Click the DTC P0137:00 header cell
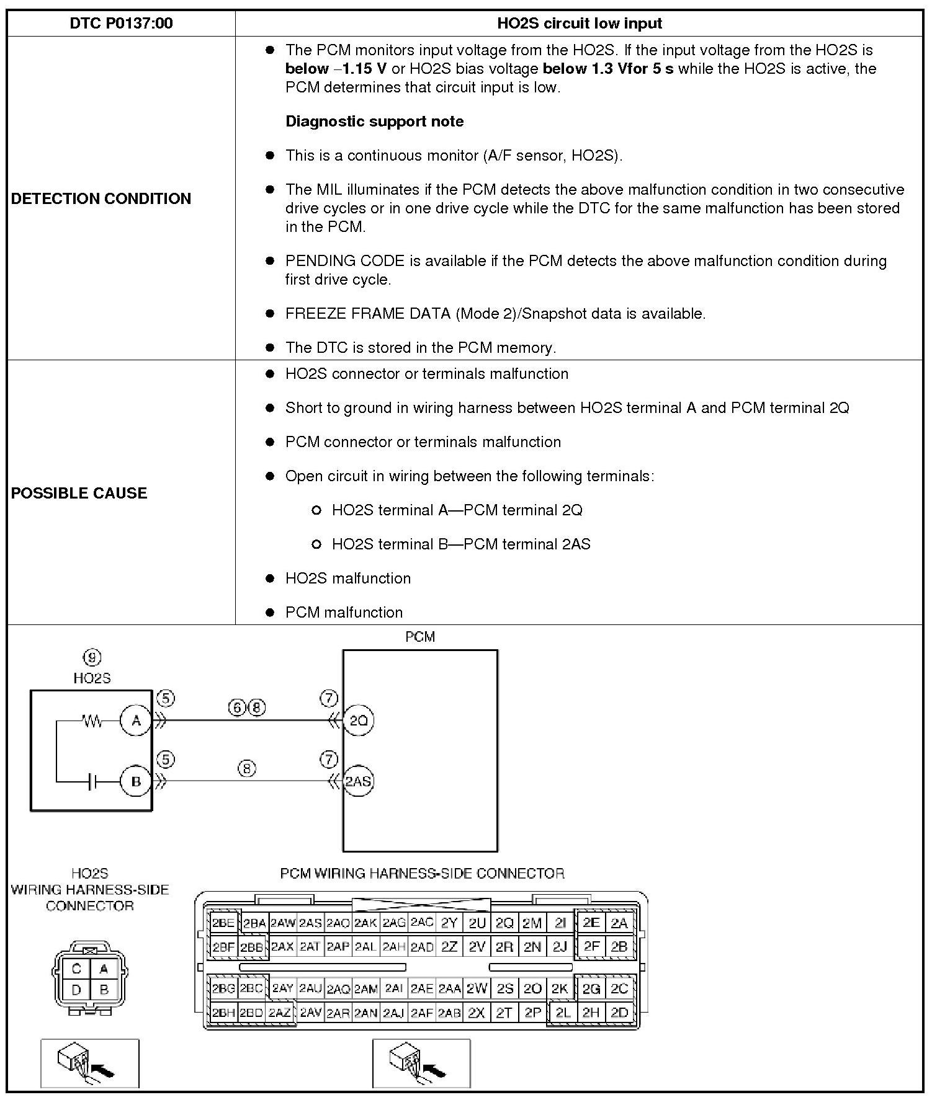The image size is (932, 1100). (121, 24)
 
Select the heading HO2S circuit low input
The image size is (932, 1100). (579, 24)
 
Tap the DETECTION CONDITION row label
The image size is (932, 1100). (101, 198)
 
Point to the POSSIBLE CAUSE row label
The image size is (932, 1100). (79, 493)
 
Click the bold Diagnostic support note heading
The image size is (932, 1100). (374, 122)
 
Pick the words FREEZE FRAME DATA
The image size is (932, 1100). (367, 314)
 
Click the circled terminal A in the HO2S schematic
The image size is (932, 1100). (136, 721)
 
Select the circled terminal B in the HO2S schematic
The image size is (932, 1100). (136, 781)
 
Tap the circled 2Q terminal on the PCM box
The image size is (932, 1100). (358, 721)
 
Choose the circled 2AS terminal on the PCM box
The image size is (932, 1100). (358, 781)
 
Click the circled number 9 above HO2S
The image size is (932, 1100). (92, 657)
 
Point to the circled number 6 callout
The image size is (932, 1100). (238, 707)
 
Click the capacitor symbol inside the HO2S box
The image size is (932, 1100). (92, 781)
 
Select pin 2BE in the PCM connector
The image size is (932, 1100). (223, 923)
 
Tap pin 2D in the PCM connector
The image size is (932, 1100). (619, 1013)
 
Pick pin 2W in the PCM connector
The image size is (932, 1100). (477, 988)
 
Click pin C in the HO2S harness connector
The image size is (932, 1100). (76, 969)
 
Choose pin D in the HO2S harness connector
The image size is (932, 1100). (76, 990)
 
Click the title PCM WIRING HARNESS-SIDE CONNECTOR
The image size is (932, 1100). (422, 874)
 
